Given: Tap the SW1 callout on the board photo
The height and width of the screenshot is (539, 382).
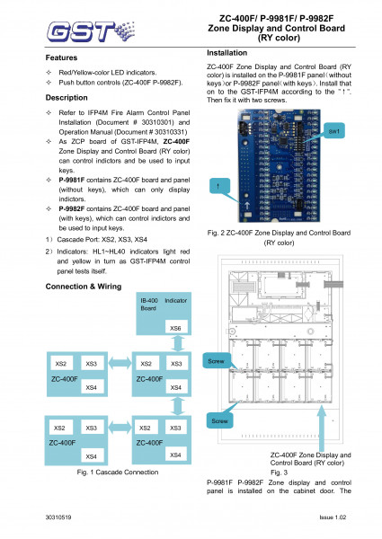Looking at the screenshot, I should coord(333,133).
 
